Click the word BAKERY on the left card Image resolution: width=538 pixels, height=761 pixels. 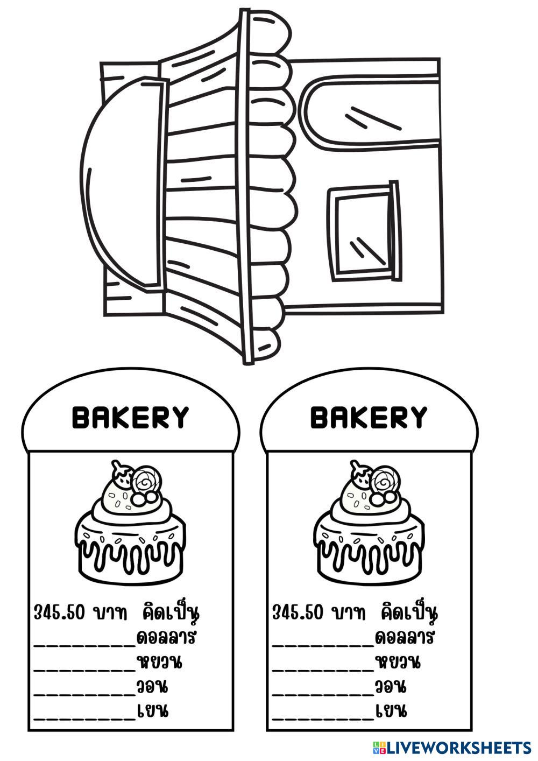(131, 418)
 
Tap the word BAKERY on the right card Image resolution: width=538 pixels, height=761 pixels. (369, 418)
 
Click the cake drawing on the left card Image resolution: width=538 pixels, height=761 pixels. (129, 522)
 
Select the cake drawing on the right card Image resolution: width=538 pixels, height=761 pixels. (367, 522)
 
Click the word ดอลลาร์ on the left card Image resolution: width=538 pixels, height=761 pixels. (166, 638)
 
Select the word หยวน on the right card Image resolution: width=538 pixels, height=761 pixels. (398, 662)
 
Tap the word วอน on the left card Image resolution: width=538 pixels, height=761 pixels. (152, 687)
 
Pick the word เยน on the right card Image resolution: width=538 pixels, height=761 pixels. (391, 711)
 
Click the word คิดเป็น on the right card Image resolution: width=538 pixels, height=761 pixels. (409, 612)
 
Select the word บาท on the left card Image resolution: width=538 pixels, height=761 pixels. (110, 612)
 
